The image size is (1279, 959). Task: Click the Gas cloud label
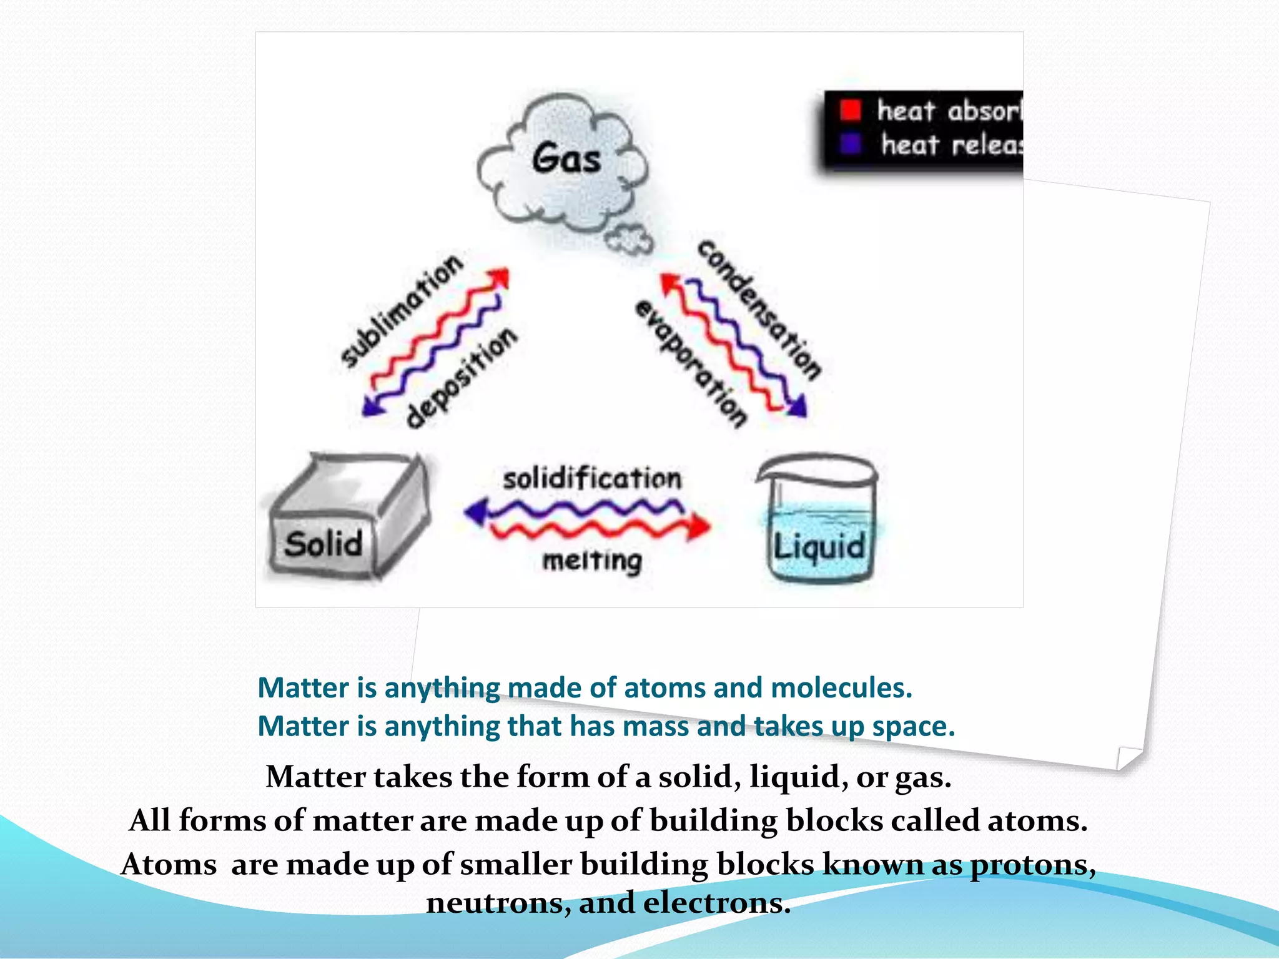click(x=566, y=159)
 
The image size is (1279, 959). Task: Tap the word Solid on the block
click(x=323, y=544)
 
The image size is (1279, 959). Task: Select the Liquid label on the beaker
click(x=819, y=548)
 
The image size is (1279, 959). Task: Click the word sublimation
click(x=402, y=310)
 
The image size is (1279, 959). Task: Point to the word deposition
click(x=462, y=378)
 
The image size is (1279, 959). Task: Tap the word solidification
click(x=592, y=479)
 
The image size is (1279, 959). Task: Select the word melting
click(x=591, y=561)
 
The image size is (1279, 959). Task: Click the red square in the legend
click(x=850, y=110)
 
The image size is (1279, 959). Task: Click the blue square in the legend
click(x=850, y=144)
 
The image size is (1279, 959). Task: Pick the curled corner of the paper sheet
click(x=1128, y=758)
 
